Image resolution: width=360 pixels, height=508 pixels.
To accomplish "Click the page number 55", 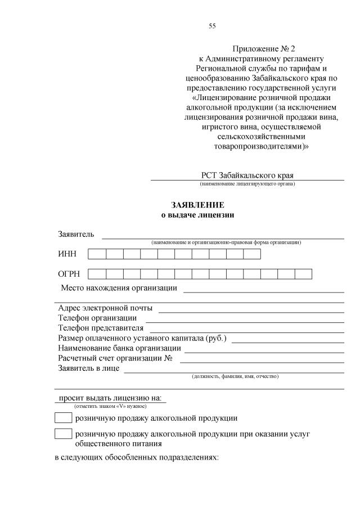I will pyautogui.click(x=212, y=26).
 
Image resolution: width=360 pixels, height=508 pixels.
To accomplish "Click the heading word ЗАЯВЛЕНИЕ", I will pyautogui.click(x=197, y=205).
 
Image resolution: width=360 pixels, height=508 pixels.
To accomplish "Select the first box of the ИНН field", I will pyautogui.click(x=97, y=254).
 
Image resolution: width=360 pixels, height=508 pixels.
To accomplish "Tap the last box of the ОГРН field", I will pyautogui.click(x=303, y=274).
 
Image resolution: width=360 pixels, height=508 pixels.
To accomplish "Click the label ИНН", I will pyautogui.click(x=67, y=254).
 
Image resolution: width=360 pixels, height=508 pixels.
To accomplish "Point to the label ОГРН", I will pyautogui.click(x=69, y=274).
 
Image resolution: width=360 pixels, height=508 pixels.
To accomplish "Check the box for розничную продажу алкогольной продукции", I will pyautogui.click(x=63, y=418).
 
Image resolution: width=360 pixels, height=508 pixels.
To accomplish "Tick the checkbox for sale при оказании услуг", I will pyautogui.click(x=63, y=434).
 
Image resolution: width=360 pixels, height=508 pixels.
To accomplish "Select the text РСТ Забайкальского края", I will pyautogui.click(x=247, y=175).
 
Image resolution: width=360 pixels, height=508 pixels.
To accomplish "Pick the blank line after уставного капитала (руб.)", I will pyautogui.click(x=287, y=341).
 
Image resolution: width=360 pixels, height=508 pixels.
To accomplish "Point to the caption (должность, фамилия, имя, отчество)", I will pyautogui.click(x=235, y=376).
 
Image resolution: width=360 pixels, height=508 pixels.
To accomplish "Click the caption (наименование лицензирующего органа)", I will pyautogui.click(x=247, y=184).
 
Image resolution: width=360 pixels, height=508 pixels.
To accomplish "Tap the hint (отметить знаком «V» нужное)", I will pyautogui.click(x=110, y=406).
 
